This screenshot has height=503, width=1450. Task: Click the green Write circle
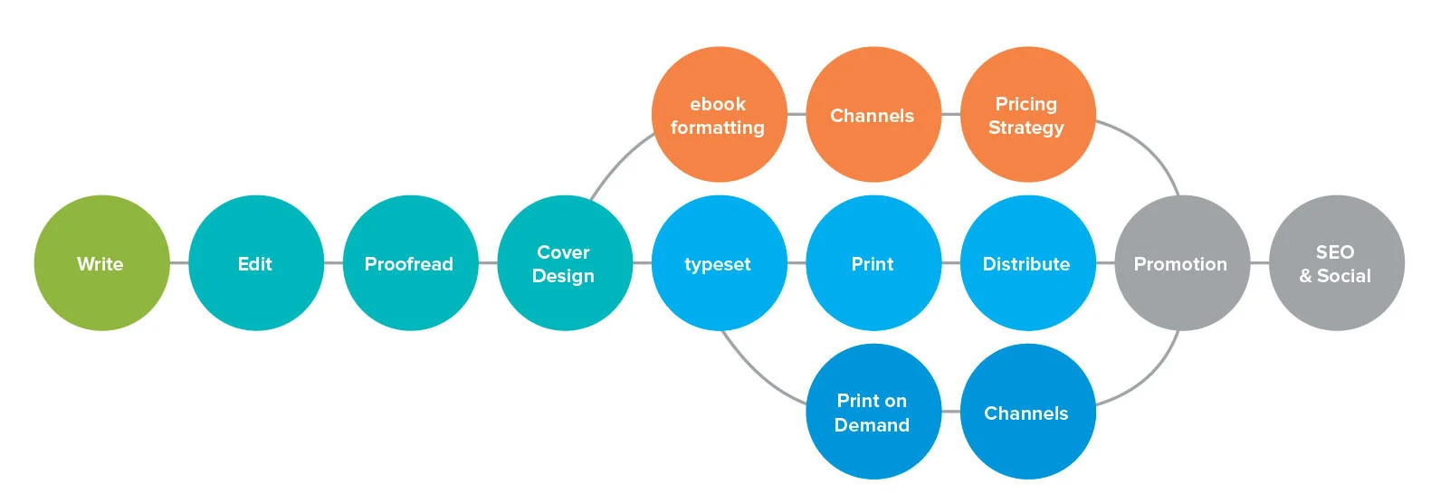tap(101, 263)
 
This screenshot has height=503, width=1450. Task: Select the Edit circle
tap(256, 263)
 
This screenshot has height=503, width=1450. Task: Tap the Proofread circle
tap(410, 263)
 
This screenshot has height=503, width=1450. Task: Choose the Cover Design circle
tap(565, 263)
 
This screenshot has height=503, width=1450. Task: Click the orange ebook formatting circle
tap(719, 115)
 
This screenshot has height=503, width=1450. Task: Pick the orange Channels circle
tap(873, 115)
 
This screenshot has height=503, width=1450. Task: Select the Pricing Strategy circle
tap(1027, 115)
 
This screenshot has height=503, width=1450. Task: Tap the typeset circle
tap(719, 263)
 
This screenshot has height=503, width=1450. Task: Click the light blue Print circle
tap(873, 263)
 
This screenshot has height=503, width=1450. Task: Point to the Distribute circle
tap(1027, 263)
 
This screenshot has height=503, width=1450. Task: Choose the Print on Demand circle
tap(873, 412)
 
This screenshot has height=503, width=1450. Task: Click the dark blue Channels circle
tap(1027, 412)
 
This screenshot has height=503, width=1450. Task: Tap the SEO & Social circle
tap(1336, 263)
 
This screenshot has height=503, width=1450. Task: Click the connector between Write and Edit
tap(179, 263)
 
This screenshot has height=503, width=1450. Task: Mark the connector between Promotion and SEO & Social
tap(1259, 263)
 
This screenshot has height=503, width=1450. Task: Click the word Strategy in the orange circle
tap(1025, 128)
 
